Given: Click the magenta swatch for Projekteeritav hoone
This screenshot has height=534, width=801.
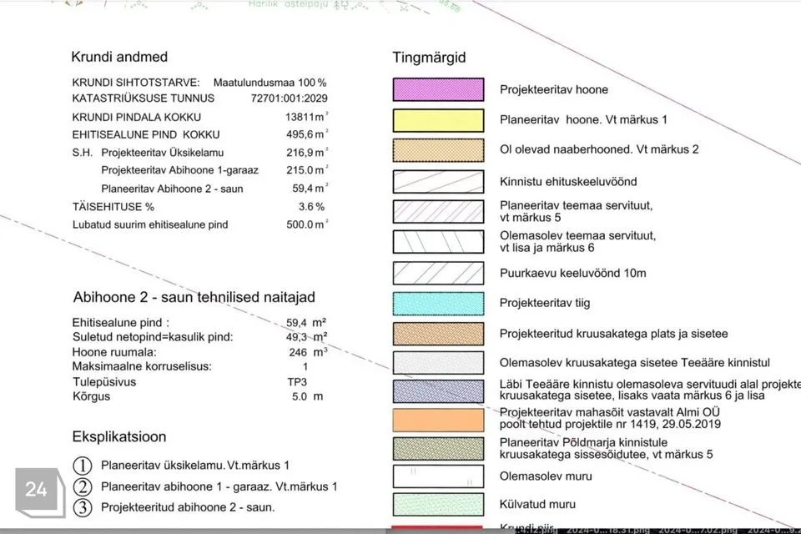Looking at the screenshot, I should (x=438, y=89).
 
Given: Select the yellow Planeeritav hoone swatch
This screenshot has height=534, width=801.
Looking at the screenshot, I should (x=438, y=120).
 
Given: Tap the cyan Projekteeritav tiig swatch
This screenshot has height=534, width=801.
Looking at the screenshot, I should (x=438, y=303).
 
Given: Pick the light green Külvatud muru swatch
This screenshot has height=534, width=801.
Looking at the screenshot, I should (x=438, y=504).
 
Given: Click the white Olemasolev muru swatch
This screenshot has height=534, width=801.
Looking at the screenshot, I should (x=438, y=476).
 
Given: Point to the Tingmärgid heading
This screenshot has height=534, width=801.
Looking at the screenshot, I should (x=429, y=58).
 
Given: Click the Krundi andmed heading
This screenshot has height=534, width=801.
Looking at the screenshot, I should (x=119, y=58).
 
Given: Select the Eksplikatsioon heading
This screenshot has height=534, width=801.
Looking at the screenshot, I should (x=119, y=436).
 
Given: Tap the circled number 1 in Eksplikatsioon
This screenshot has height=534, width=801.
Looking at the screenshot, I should (x=83, y=466).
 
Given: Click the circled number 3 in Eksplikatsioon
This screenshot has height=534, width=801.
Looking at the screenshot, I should (x=83, y=506).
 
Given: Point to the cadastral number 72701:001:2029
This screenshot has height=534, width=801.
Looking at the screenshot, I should (x=289, y=98).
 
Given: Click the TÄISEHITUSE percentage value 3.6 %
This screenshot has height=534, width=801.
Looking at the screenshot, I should (x=311, y=206).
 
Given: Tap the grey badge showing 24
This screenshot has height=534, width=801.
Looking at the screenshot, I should (x=36, y=490).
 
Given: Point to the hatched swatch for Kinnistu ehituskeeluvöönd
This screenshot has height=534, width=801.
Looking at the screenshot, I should (x=438, y=181).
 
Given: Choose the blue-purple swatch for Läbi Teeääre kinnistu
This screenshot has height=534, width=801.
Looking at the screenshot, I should (x=438, y=390).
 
